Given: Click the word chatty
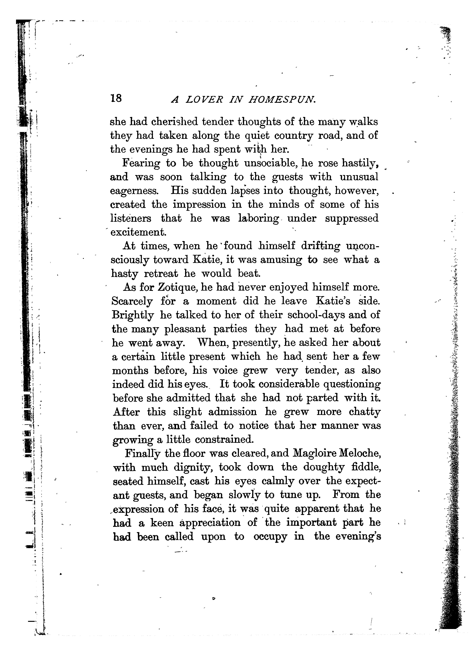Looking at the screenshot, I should point(365,412).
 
